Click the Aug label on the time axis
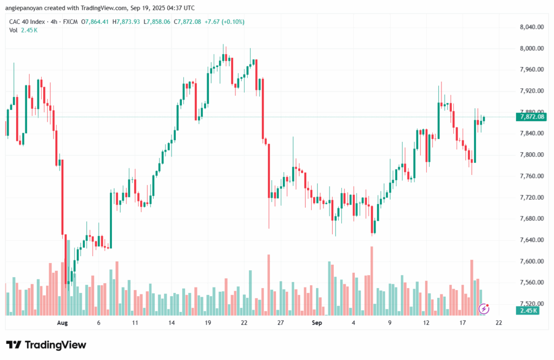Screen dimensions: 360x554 point(63,322)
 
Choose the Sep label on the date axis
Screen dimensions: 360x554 point(317,322)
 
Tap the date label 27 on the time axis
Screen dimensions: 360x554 point(281,322)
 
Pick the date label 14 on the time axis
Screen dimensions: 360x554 point(171,322)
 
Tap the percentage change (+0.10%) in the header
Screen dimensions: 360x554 point(232,22)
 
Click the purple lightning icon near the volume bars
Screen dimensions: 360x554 point(485,309)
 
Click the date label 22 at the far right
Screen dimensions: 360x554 point(499,322)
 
